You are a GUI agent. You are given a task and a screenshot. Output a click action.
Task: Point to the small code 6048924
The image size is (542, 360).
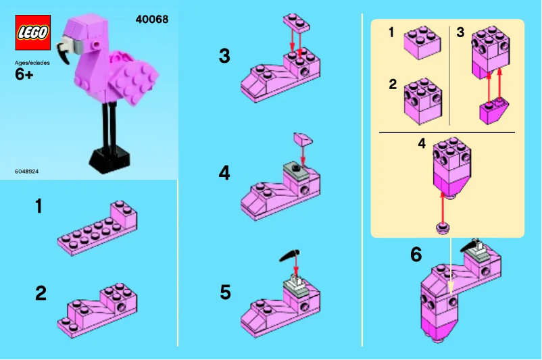(26, 172)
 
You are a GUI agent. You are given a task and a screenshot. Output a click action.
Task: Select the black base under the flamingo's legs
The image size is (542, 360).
(110, 158)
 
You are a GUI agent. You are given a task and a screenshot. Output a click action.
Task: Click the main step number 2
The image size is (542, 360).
(41, 293)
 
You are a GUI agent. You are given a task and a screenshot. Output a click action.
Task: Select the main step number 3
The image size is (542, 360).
(224, 56)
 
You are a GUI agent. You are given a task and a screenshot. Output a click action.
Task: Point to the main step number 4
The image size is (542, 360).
(224, 174)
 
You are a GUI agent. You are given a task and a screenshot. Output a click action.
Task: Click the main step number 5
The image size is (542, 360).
(225, 292)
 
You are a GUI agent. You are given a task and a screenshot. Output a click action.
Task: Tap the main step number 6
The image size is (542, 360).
(416, 255)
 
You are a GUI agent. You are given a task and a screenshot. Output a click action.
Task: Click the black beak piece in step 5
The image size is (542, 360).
(288, 257)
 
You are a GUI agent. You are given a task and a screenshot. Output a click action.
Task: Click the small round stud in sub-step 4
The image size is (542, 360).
(443, 228)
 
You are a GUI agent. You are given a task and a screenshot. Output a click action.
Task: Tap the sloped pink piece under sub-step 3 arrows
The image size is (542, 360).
(493, 109)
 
